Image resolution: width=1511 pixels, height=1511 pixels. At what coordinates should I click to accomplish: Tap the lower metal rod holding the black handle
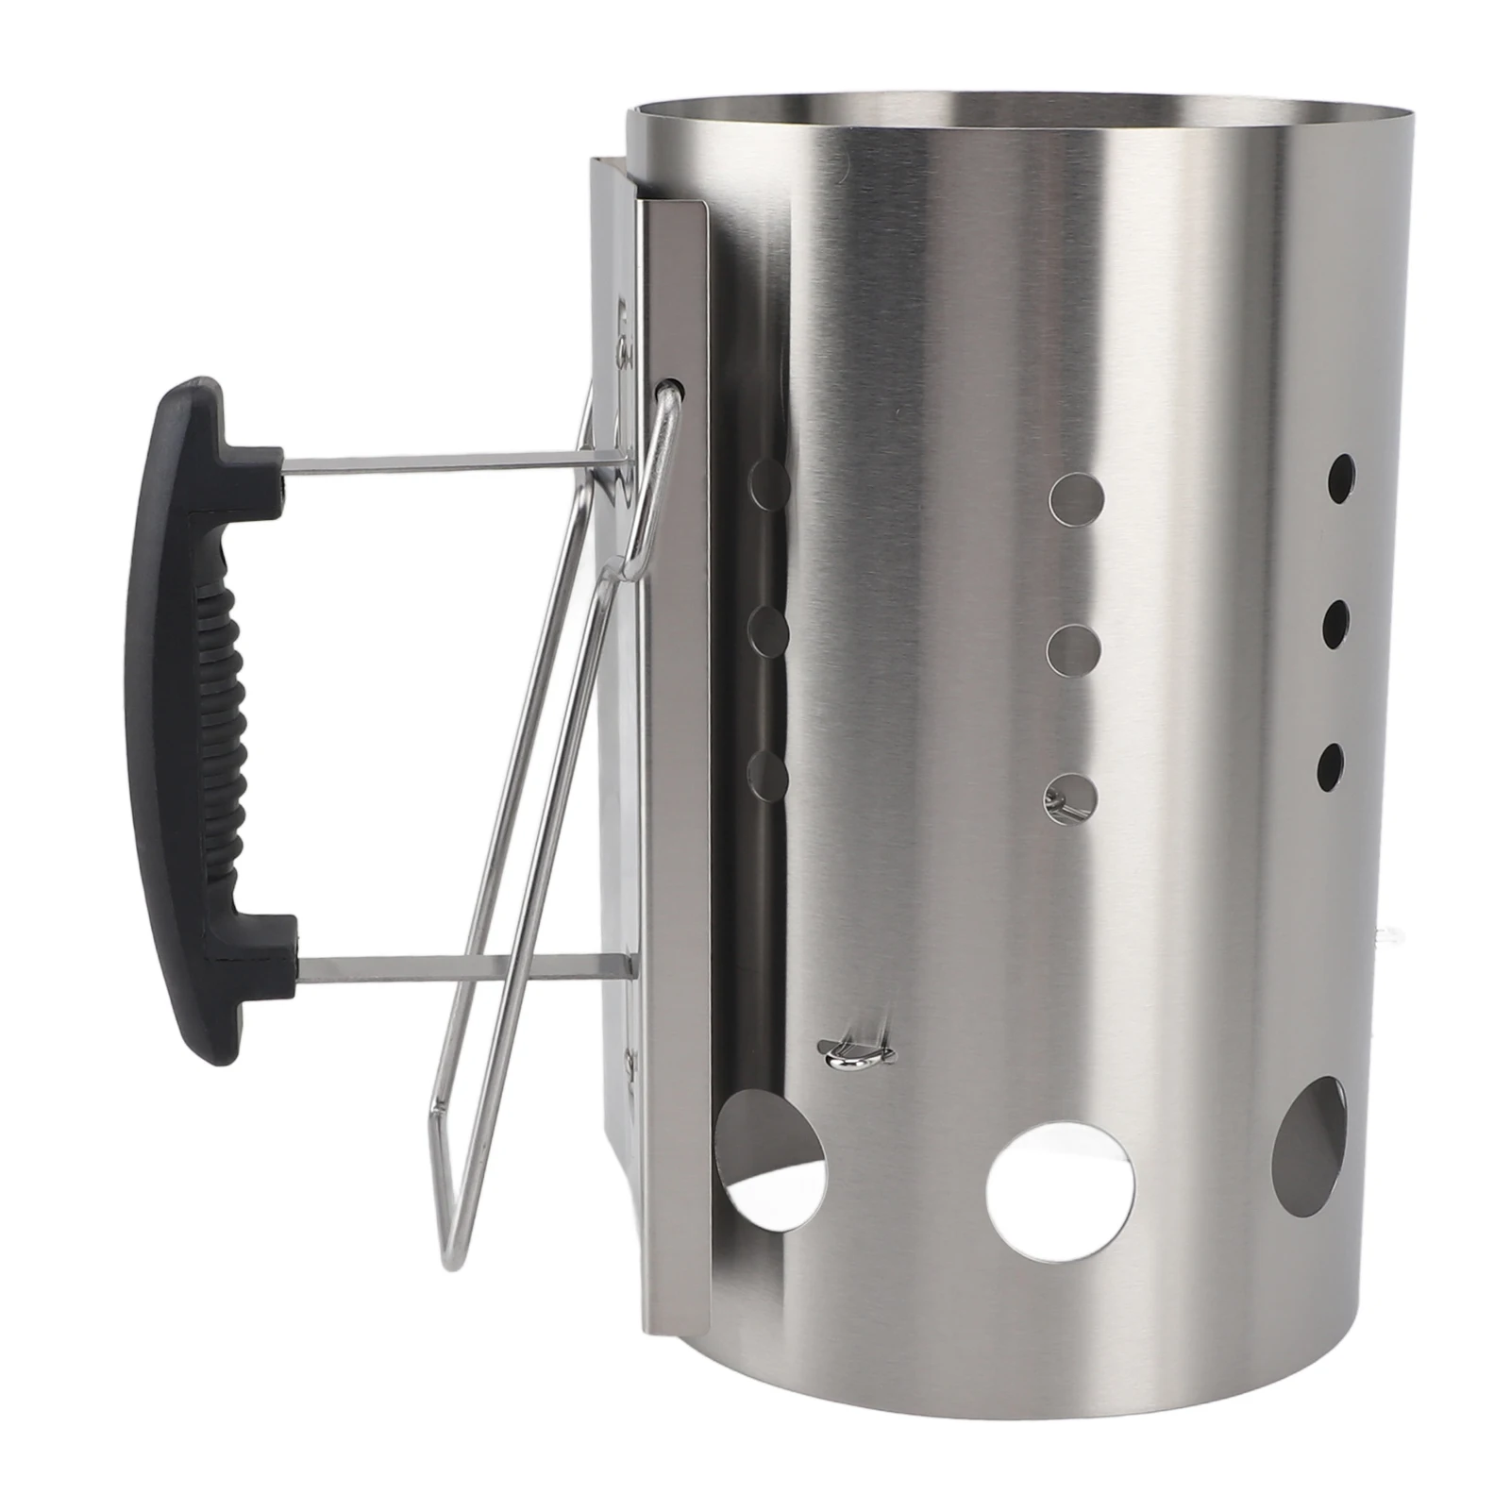(462, 965)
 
